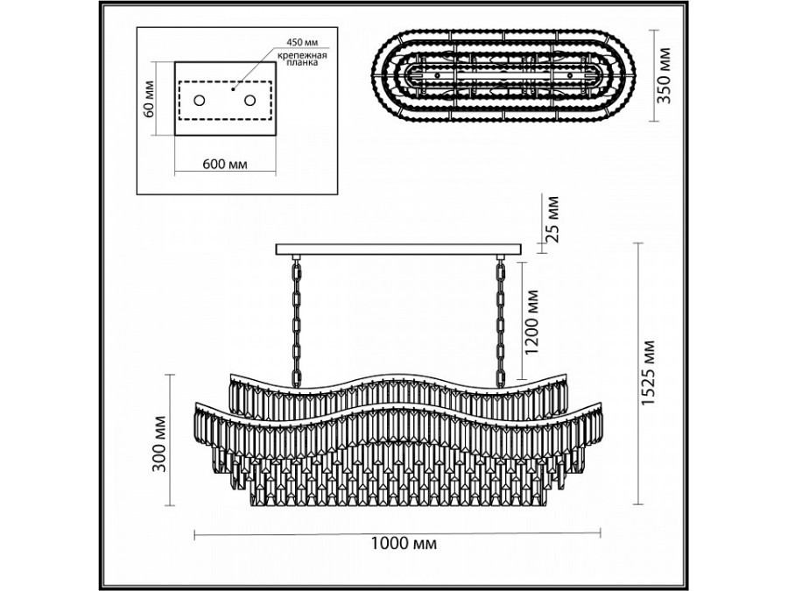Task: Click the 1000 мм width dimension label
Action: pyautogui.click(x=398, y=545)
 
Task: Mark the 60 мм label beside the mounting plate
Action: pyautogui.click(x=150, y=98)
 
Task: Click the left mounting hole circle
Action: pyautogui.click(x=199, y=101)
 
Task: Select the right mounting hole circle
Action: pyautogui.click(x=251, y=101)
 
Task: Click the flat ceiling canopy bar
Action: pyautogui.click(x=398, y=250)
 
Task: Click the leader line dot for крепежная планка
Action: pyautogui.click(x=234, y=88)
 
